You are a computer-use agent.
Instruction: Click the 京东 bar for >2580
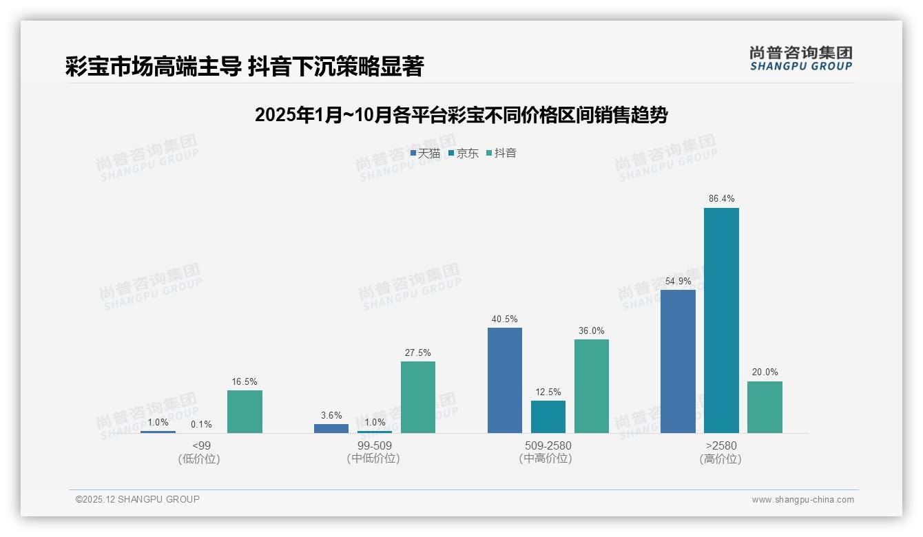[x=721, y=320]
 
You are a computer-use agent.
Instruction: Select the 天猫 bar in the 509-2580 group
[x=505, y=380]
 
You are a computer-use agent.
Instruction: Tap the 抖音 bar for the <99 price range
[x=245, y=412]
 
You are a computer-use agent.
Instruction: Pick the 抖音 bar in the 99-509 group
[x=418, y=397]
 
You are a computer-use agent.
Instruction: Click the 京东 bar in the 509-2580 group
[x=548, y=417]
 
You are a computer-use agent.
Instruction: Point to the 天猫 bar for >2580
[x=678, y=361]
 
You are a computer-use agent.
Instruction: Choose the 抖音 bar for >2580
[x=765, y=407]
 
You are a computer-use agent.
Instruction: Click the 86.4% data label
[x=721, y=199]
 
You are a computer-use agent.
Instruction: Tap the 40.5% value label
[x=505, y=319]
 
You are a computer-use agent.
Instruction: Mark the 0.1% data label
[x=201, y=424]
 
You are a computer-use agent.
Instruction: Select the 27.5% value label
[x=418, y=353]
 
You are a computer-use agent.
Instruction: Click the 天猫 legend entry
[x=425, y=154]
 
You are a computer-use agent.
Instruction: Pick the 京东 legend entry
[x=464, y=154]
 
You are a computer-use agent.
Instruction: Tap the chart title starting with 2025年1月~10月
[x=461, y=115]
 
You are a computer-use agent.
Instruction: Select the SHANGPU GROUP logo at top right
[x=800, y=59]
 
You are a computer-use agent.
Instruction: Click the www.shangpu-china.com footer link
[x=802, y=500]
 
